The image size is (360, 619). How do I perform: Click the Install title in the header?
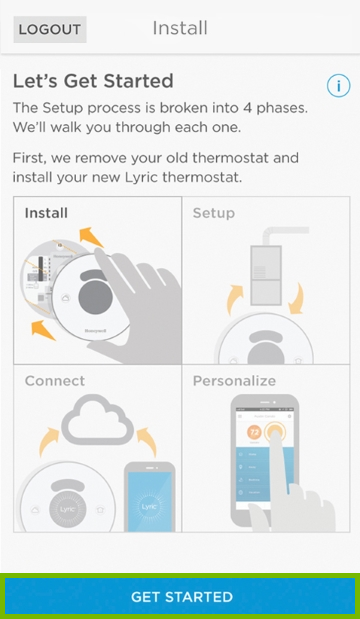[x=180, y=28]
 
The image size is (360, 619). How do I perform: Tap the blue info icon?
[x=337, y=85]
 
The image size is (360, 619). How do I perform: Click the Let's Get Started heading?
[x=92, y=81]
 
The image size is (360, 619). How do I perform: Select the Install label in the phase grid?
[x=46, y=213]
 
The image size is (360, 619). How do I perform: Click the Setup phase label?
[x=213, y=213]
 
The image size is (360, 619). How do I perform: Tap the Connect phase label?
[x=54, y=381]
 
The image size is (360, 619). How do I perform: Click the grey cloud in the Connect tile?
[x=98, y=420]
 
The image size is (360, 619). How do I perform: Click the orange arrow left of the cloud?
[x=46, y=441]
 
